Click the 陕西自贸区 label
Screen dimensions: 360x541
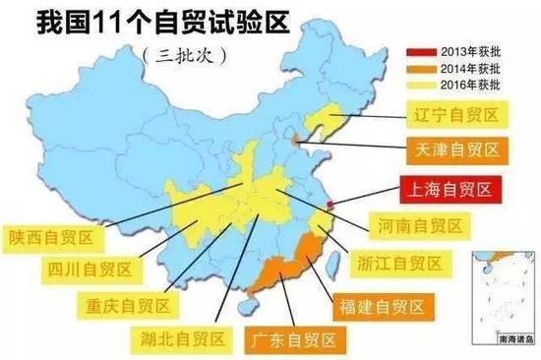(49, 235)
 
